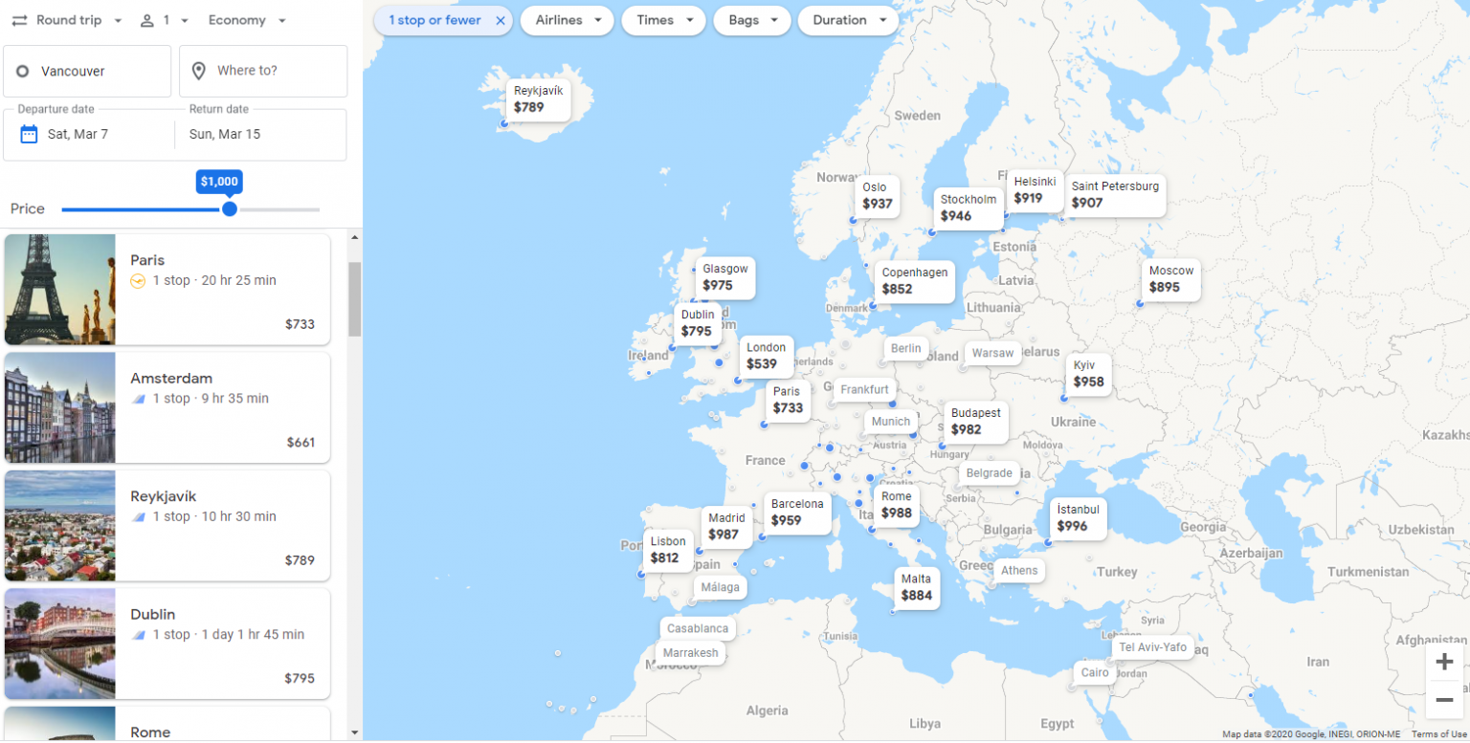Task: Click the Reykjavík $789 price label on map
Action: pyautogui.click(x=538, y=99)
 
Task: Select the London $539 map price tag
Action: pyautogui.click(x=767, y=356)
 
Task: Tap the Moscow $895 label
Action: pyautogui.click(x=1170, y=279)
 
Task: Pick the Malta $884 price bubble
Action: pyautogui.click(x=916, y=587)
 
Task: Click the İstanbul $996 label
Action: pyautogui.click(x=1078, y=517)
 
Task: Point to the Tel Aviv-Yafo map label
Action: pyautogui.click(x=1152, y=647)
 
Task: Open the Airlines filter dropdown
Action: pyautogui.click(x=567, y=20)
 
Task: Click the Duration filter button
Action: pyautogui.click(x=847, y=20)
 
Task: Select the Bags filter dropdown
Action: pyautogui.click(x=751, y=20)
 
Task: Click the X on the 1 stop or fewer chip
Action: pyautogui.click(x=500, y=20)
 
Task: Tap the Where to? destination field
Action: pyautogui.click(x=263, y=71)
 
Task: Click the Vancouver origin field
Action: pyautogui.click(x=87, y=71)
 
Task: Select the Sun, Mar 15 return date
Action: pyautogui.click(x=225, y=134)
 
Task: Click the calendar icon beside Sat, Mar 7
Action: pyautogui.click(x=29, y=134)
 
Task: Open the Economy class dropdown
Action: pyautogui.click(x=247, y=20)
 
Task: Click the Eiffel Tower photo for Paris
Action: pyautogui.click(x=59, y=289)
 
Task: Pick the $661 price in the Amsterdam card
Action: pyautogui.click(x=301, y=443)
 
